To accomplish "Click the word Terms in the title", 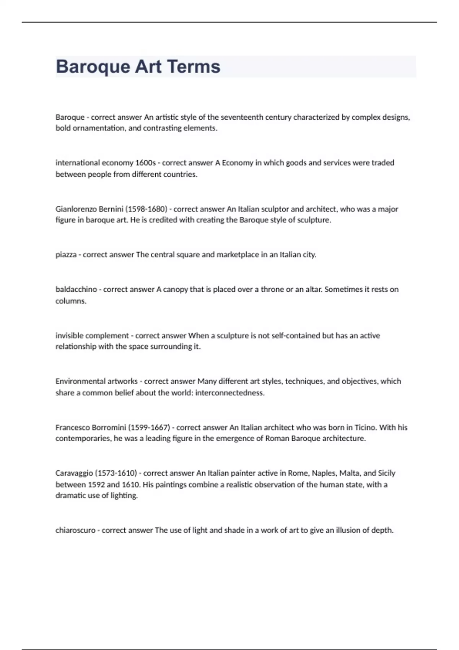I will [x=194, y=67].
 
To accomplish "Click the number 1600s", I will [x=145, y=163].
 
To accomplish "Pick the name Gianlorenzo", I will [x=76, y=209].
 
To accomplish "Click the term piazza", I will [x=66, y=255].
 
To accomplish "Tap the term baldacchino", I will [x=76, y=289].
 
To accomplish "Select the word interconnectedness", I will [x=229, y=393].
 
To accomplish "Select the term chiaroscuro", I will [x=75, y=530].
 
